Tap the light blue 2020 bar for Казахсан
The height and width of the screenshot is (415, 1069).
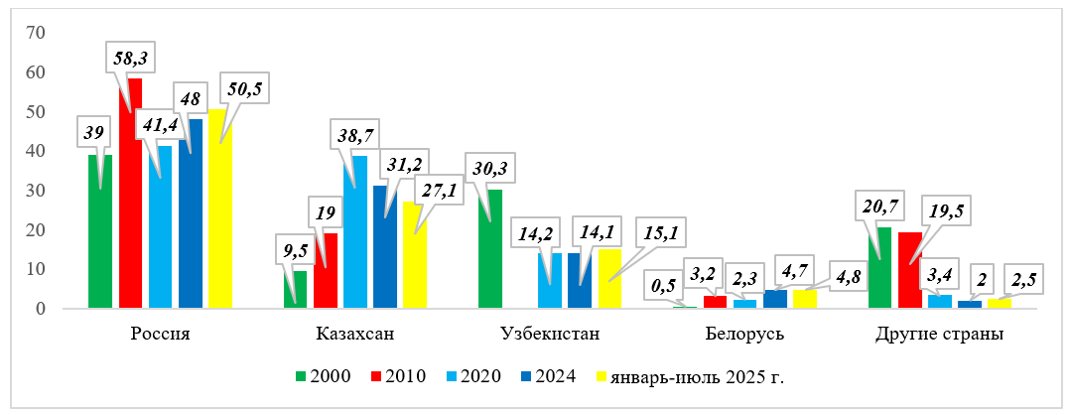click(x=354, y=238)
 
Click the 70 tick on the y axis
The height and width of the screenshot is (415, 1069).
click(x=37, y=33)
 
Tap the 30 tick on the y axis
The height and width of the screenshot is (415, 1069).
click(x=37, y=191)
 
